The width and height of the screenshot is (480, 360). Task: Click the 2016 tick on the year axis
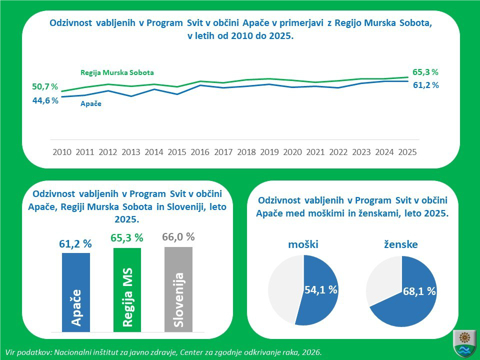(200, 152)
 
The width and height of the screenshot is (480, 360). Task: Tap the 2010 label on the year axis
(62, 152)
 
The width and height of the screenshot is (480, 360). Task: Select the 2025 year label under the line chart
(407, 152)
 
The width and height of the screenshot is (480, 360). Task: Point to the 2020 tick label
(292, 152)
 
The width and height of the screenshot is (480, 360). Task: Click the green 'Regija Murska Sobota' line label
(117, 72)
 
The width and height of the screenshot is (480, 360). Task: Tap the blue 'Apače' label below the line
(91, 104)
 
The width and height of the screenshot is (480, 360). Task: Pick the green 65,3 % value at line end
(425, 72)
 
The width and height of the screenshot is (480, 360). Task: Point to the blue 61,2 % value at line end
(425, 85)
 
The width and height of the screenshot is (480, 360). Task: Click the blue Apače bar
(76, 292)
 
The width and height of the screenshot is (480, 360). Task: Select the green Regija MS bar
(127, 290)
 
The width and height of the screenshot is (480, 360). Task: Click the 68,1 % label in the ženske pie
(419, 291)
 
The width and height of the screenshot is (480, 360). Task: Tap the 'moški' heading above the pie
(303, 244)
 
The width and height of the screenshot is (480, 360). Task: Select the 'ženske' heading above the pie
(401, 244)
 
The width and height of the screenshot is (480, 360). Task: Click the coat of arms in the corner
(464, 343)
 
